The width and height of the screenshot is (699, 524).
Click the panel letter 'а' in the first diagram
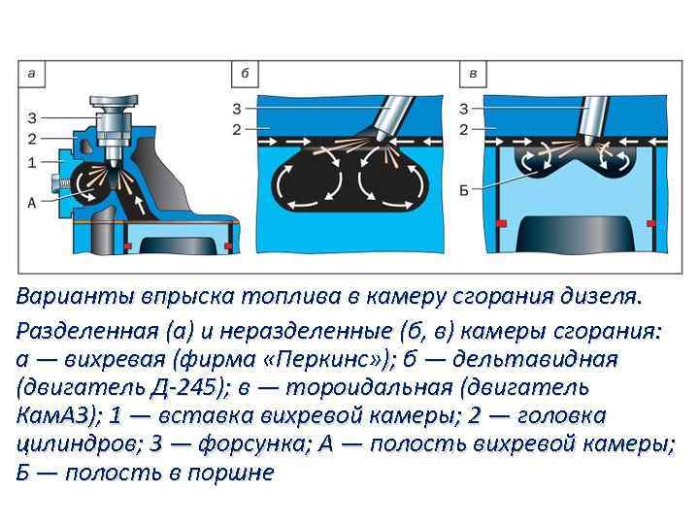(32, 74)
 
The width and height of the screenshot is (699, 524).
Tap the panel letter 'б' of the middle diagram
(244, 74)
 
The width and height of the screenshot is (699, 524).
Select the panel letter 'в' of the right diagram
(473, 74)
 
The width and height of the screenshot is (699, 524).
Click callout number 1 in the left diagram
(32, 161)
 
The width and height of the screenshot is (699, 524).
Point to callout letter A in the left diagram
(32, 203)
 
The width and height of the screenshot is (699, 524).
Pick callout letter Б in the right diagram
(464, 189)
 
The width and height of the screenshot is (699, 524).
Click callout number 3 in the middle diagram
(238, 107)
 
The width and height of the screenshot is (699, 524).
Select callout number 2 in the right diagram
(464, 129)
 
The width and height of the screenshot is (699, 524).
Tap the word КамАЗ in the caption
(57, 416)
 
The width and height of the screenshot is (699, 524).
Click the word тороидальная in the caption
(379, 387)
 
